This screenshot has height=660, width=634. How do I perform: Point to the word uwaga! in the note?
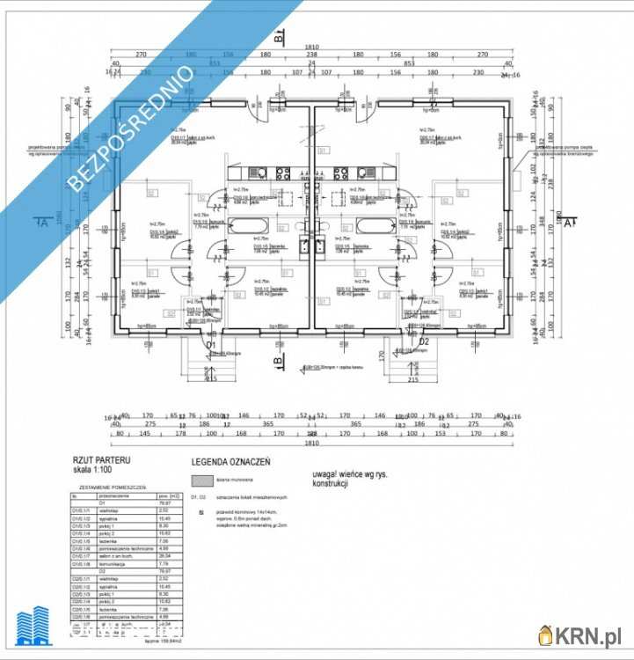point(326,474)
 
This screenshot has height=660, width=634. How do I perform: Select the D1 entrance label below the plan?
point(210,345)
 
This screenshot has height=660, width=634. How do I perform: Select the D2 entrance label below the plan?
point(424,341)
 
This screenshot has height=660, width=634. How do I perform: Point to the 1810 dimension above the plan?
point(311,47)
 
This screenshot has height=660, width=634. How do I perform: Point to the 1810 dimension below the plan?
point(311,443)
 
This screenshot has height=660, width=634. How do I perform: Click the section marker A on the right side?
point(569,223)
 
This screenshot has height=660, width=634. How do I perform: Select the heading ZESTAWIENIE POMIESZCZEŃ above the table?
point(113,487)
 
